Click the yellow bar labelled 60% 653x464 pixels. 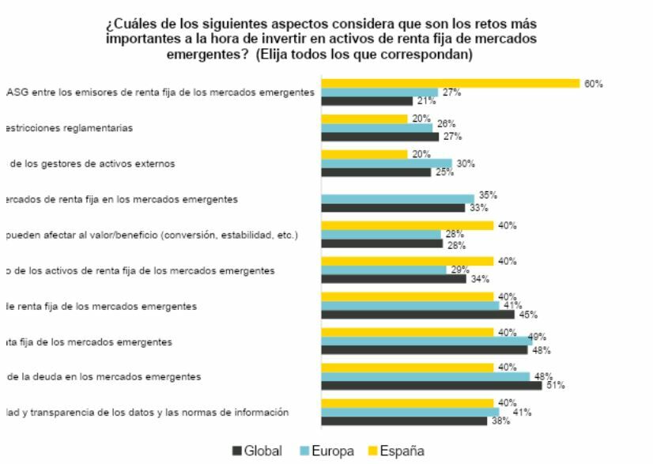pyautogui.click(x=451, y=83)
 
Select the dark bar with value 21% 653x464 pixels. pyautogui.click(x=367, y=101)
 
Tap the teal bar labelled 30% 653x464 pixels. pyautogui.click(x=387, y=164)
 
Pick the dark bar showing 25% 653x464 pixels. pyautogui.click(x=376, y=172)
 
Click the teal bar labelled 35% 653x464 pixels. pyautogui.click(x=398, y=199)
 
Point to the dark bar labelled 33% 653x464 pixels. pyautogui.click(x=393, y=208)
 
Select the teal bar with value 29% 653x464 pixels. pyautogui.click(x=384, y=270)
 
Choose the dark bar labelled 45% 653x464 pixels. pyautogui.click(x=418, y=314)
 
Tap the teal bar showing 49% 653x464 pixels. pyautogui.click(x=427, y=341)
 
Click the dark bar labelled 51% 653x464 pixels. pyautogui.click(x=432, y=385)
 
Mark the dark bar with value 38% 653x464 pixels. pyautogui.click(x=404, y=421)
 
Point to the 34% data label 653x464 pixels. pyautogui.click(x=480, y=279)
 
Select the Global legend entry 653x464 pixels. pyautogui.click(x=257, y=451)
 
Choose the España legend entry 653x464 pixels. pyautogui.click(x=394, y=451)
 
